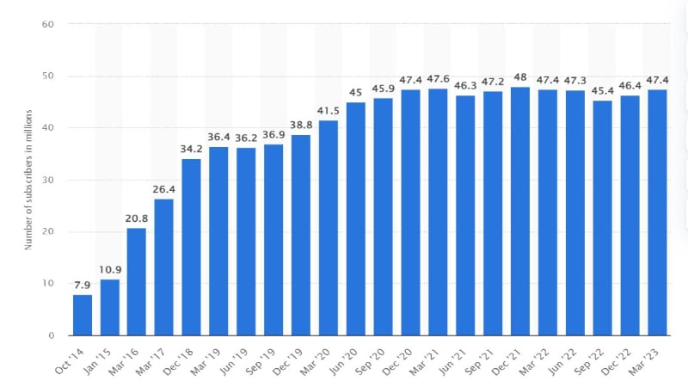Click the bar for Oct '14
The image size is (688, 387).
click(83, 315)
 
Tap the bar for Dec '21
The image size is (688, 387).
click(520, 211)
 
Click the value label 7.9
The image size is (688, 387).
click(82, 285)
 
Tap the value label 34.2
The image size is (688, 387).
click(192, 149)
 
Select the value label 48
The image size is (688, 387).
click(520, 76)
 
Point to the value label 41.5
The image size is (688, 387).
click(329, 111)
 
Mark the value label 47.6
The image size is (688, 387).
click(439, 79)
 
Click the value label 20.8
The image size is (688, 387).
click(137, 218)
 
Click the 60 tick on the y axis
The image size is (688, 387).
click(50, 24)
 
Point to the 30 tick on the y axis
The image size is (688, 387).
click(50, 180)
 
